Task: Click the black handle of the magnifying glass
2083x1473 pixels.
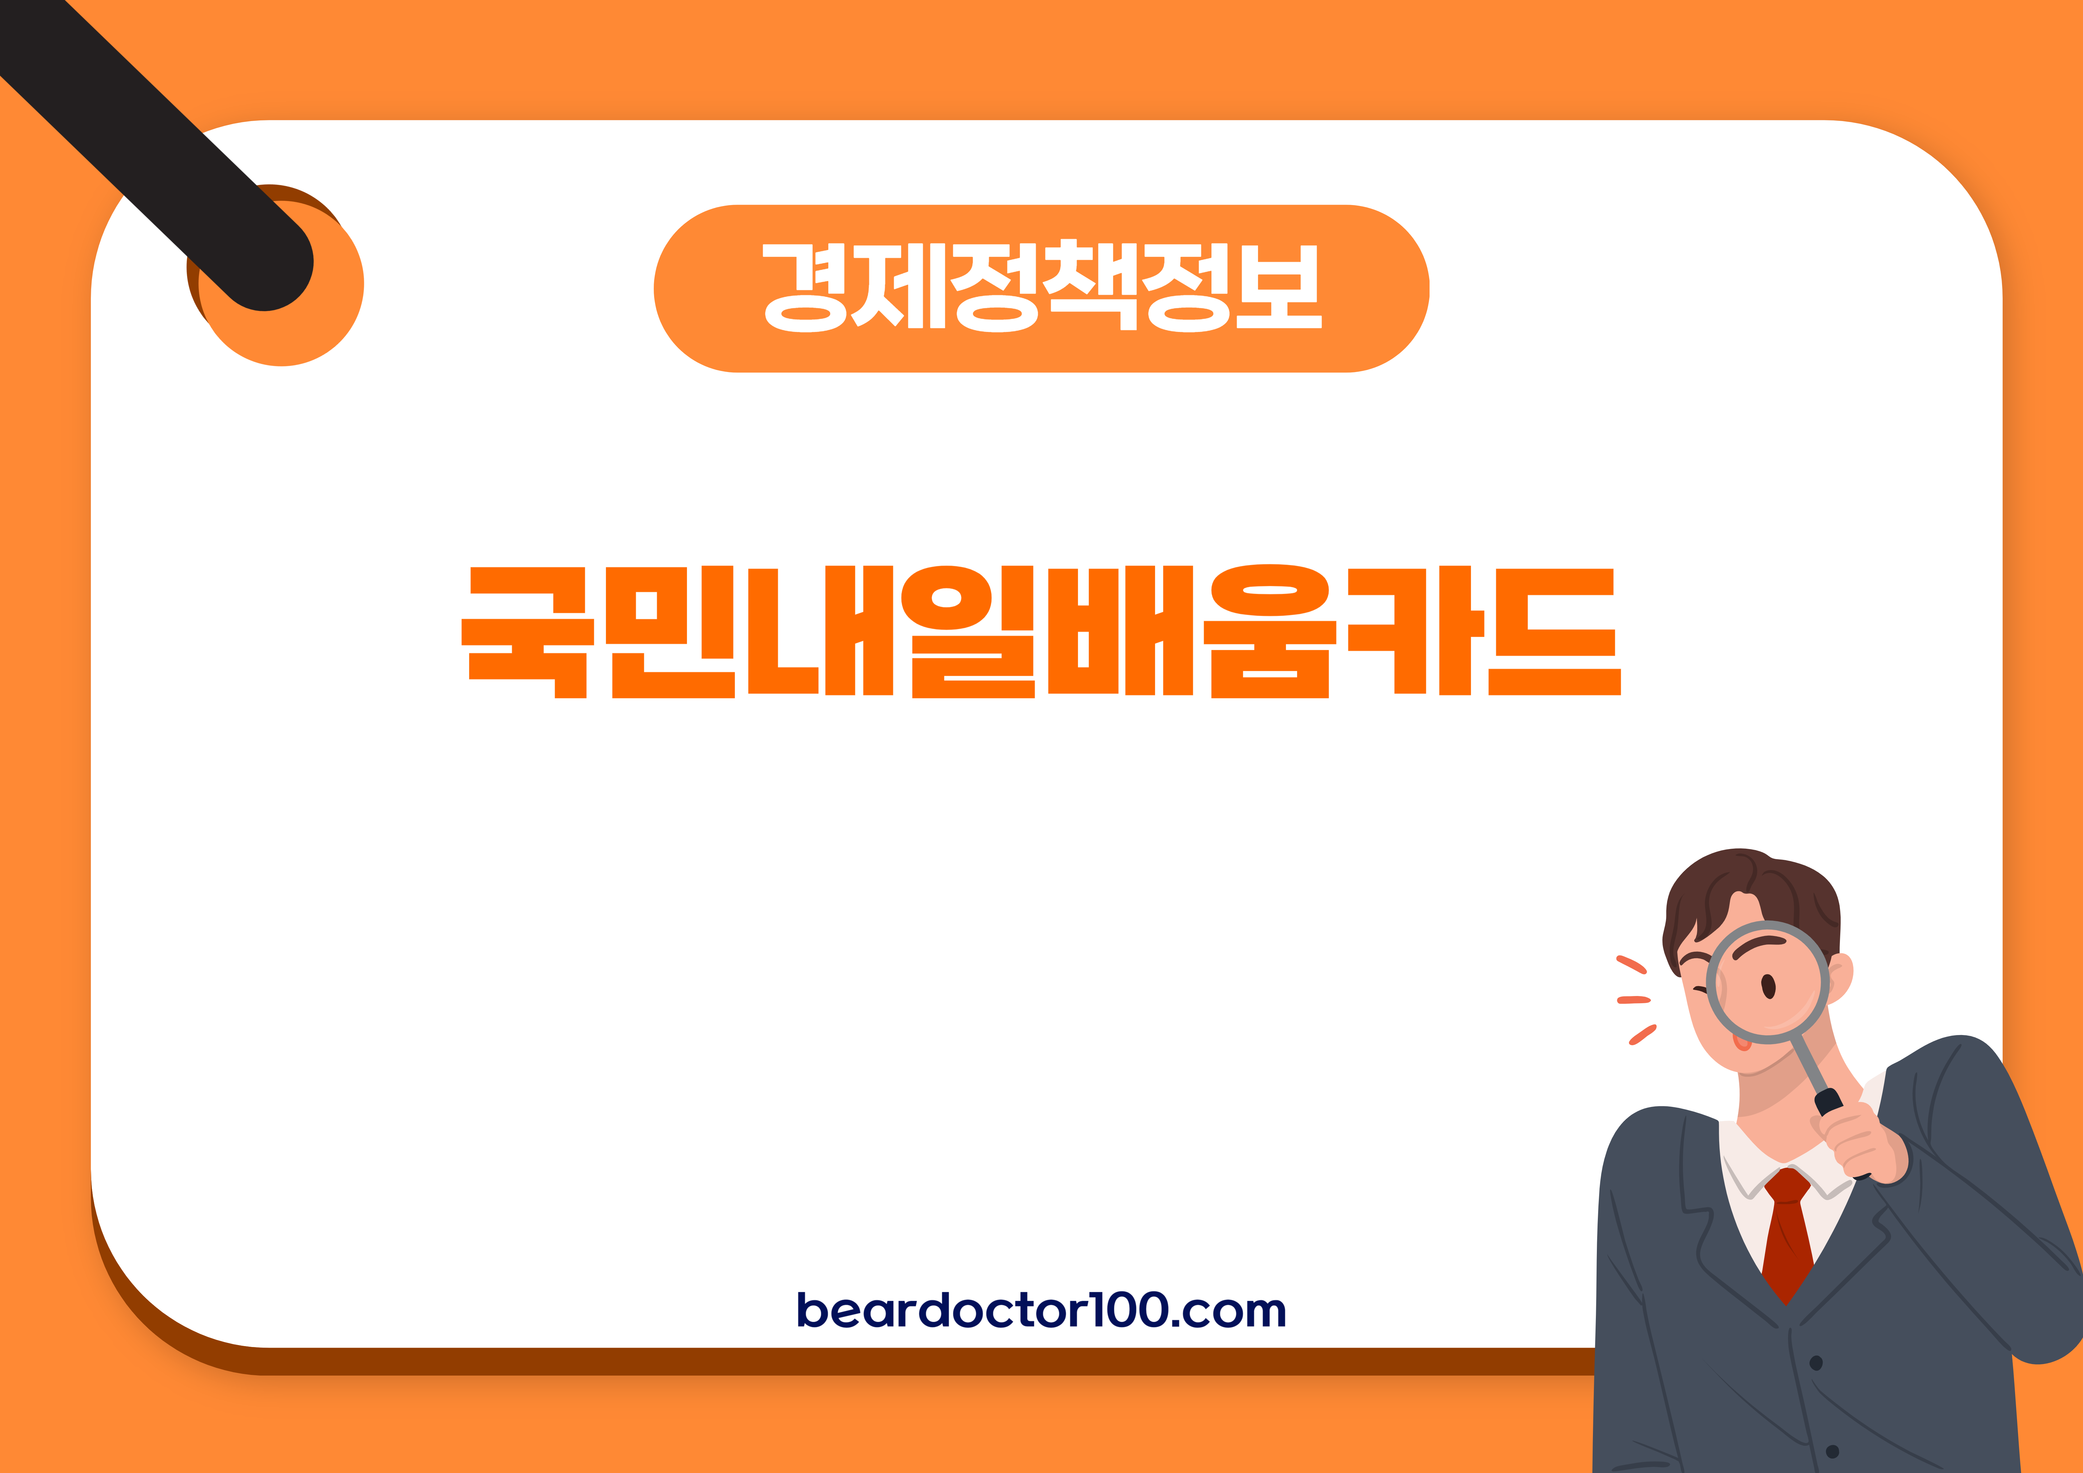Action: pyautogui.click(x=1828, y=1103)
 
